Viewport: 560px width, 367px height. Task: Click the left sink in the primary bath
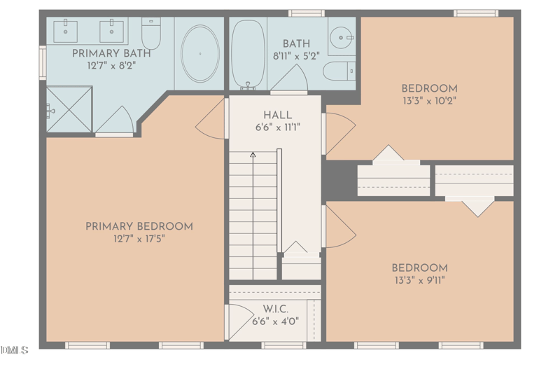(66, 31)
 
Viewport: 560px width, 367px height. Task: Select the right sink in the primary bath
(111, 31)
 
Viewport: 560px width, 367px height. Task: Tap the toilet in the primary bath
(151, 32)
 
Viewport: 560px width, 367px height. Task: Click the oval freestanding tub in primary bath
(200, 53)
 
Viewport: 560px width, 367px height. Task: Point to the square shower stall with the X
(69, 109)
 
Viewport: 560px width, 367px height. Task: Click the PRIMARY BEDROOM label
(139, 226)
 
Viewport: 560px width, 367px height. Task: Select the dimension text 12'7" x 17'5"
(139, 239)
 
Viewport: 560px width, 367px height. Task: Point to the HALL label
(278, 115)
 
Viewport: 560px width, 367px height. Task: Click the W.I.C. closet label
(275, 309)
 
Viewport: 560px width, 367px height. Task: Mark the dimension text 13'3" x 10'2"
(429, 100)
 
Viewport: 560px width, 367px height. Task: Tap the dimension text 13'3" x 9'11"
(419, 280)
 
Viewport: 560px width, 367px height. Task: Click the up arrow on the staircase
(253, 155)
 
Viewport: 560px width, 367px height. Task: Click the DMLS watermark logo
(15, 349)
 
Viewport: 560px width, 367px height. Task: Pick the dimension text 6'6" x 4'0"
(275, 321)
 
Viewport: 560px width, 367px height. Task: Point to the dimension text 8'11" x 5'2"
(295, 56)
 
